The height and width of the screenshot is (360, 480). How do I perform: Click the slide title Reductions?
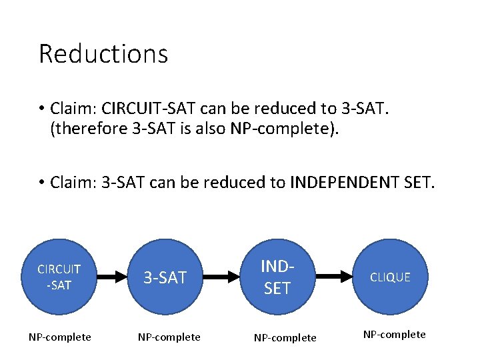(103, 54)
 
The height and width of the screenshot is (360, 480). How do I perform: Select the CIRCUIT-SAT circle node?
(60, 277)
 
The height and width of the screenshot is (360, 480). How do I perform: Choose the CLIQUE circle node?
(389, 277)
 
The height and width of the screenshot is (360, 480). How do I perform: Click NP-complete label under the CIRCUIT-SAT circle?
(60, 337)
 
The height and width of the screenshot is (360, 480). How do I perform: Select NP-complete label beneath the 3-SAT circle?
(169, 337)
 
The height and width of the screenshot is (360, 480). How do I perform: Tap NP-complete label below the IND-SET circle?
(285, 338)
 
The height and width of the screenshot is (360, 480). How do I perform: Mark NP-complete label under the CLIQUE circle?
(394, 335)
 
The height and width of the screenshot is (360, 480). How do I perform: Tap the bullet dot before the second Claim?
(41, 183)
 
